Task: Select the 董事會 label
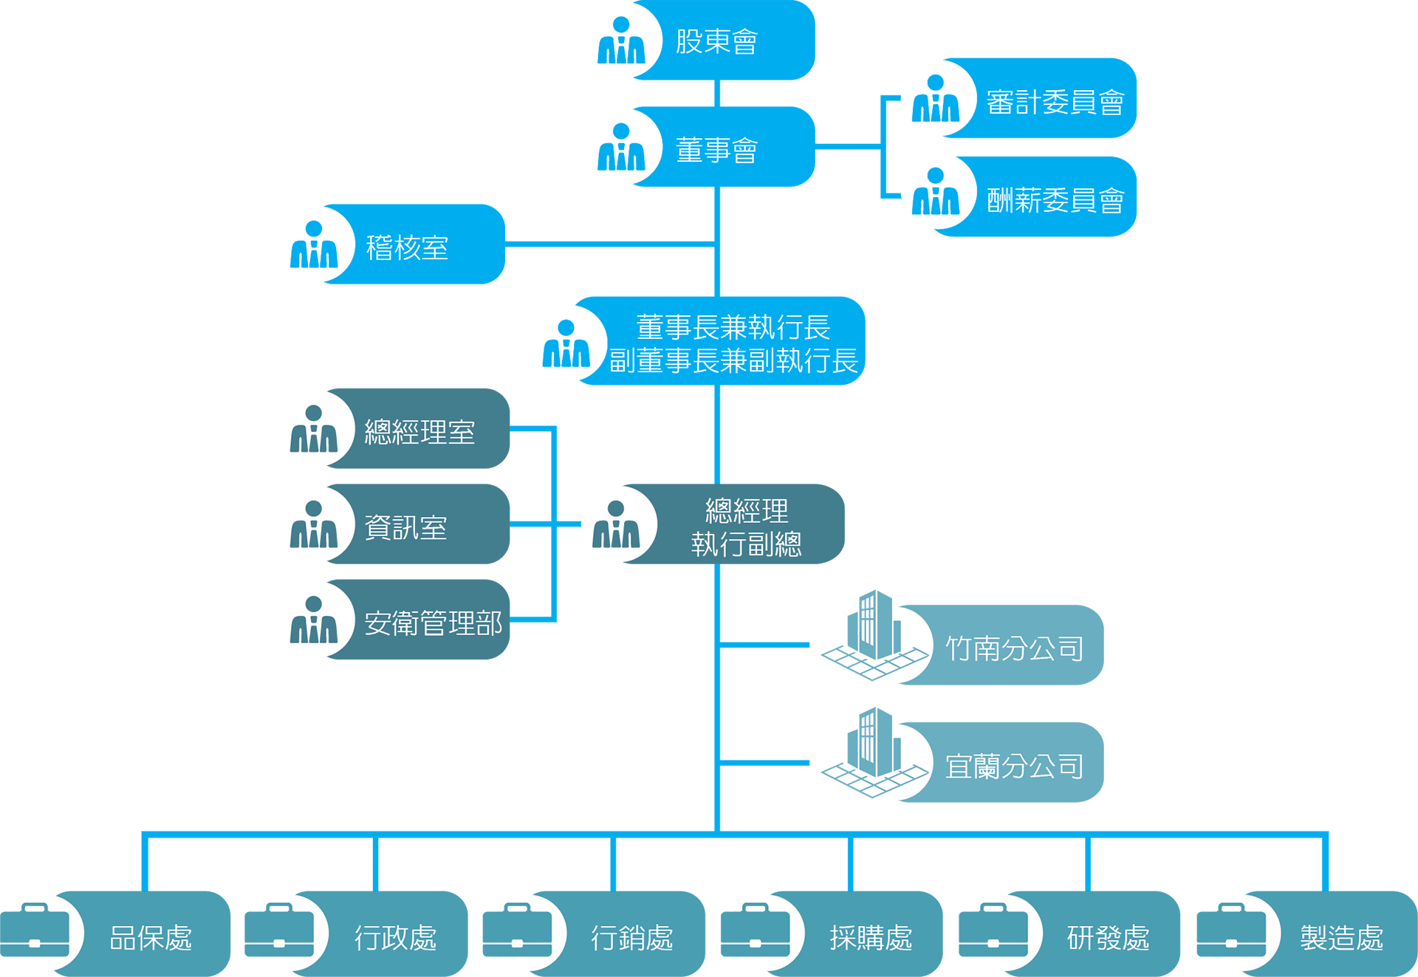point(716,150)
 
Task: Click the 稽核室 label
point(407,247)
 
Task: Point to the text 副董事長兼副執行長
point(733,361)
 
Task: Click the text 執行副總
point(746,544)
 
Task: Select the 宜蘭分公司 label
point(1014,767)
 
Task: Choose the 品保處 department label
point(151,938)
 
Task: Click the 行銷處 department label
point(632,938)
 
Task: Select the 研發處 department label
point(1108,938)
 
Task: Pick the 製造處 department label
point(1341,938)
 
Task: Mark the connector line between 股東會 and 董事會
point(717,93)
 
